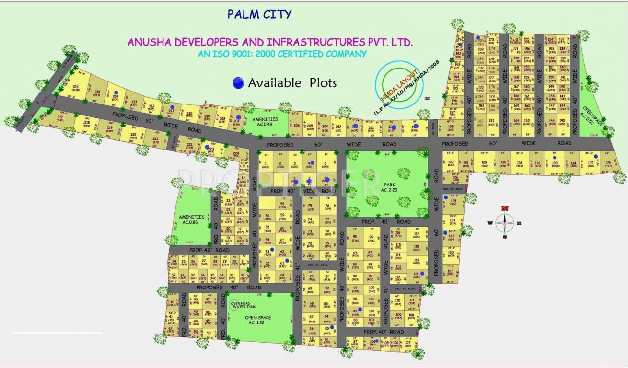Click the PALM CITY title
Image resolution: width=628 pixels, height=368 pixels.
tap(259, 14)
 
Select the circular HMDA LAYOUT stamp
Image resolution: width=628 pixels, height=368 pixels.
tap(396, 83)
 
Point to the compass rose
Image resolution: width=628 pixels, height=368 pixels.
tap(504, 222)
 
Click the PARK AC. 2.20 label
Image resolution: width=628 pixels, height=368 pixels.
tap(388, 186)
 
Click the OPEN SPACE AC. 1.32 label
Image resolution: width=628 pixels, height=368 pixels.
tap(258, 320)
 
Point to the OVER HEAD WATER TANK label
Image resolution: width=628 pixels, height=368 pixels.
tap(242, 305)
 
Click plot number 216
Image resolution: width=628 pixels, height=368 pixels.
tap(75, 87)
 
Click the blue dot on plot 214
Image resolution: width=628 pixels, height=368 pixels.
tap(116, 92)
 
